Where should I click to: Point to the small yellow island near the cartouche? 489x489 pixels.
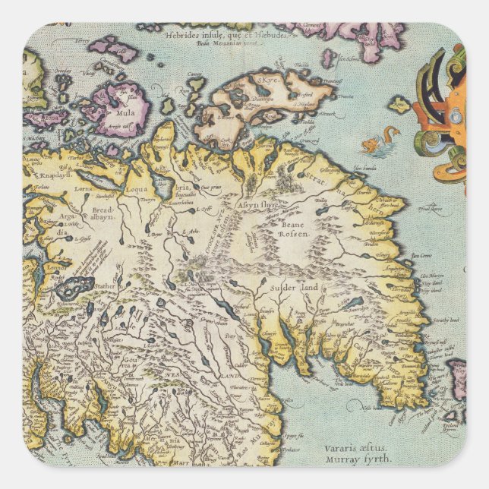(x=399, y=104)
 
